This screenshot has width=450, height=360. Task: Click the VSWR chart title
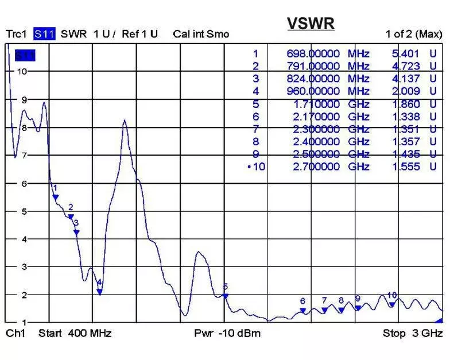coord(311,24)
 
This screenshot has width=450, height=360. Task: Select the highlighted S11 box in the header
coord(44,34)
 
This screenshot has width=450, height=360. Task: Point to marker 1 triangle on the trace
coord(56,197)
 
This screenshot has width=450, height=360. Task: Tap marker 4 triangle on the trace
coord(99,292)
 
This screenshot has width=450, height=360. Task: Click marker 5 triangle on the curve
coord(226,296)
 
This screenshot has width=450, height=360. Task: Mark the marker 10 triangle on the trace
coord(391,304)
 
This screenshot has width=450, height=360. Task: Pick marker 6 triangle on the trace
coord(302,311)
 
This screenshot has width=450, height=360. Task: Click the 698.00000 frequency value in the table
coord(313,54)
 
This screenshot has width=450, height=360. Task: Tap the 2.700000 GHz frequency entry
coord(313,167)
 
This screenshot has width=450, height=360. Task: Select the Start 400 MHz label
coord(75,333)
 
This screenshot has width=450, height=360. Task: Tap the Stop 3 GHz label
coord(413,333)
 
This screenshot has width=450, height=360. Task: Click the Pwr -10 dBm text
coord(227,333)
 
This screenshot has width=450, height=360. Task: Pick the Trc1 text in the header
coord(17,34)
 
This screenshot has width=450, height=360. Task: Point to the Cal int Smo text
coord(200,34)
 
